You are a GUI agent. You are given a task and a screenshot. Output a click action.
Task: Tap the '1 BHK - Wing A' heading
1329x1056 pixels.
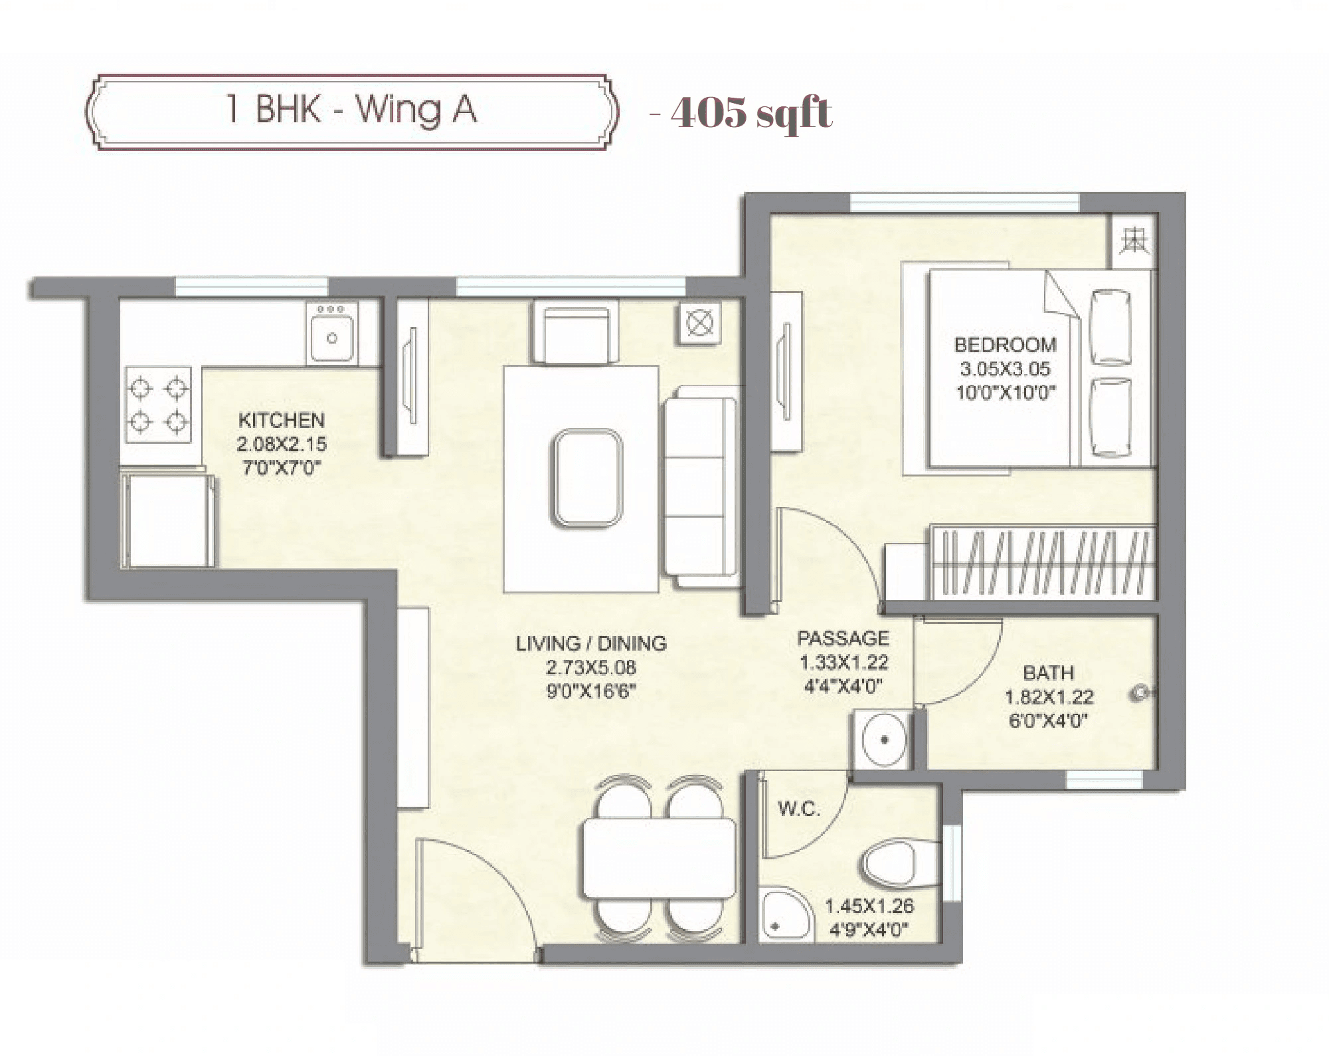click(x=351, y=110)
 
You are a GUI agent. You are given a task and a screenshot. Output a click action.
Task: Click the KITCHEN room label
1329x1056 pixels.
click(x=282, y=420)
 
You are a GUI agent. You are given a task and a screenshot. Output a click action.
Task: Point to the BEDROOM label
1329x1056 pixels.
click(x=1005, y=344)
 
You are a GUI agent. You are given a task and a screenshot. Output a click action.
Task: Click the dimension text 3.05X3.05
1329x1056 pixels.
click(x=1005, y=368)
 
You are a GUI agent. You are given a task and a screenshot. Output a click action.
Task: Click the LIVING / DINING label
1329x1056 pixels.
click(x=591, y=643)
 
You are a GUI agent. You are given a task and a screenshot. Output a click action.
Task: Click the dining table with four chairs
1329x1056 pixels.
click(x=659, y=857)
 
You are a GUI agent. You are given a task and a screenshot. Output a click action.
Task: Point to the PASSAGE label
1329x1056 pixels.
click(x=843, y=638)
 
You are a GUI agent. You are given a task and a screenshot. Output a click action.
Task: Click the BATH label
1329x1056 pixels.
click(x=1048, y=673)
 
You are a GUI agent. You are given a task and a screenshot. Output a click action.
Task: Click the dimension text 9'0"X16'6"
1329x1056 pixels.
click(x=591, y=691)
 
